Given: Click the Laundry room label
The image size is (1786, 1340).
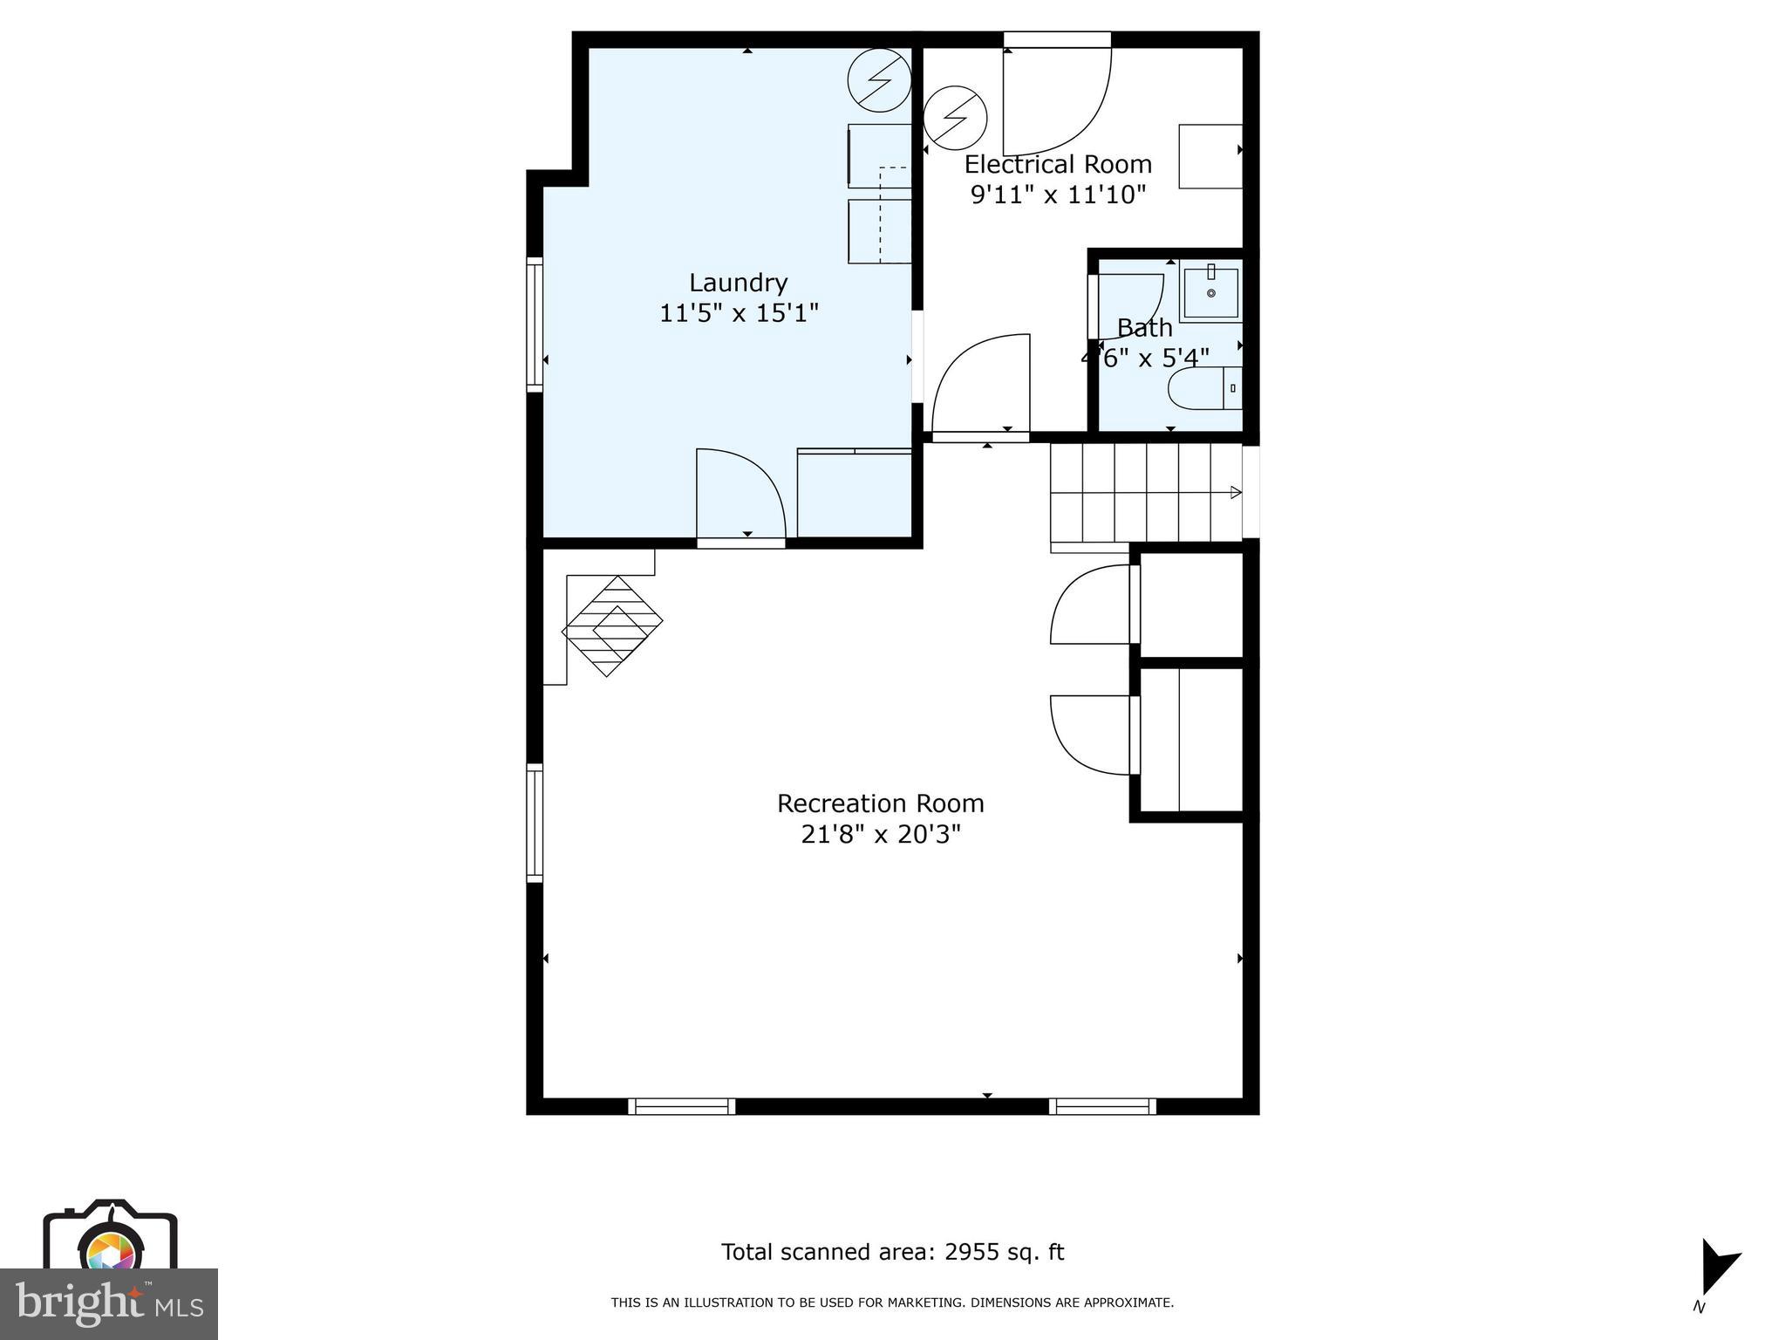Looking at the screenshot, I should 738,283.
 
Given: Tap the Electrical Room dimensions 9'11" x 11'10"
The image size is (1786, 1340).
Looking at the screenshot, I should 1057,195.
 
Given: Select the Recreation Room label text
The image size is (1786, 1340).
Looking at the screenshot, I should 880,803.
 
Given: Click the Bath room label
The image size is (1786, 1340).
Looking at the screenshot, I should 1144,329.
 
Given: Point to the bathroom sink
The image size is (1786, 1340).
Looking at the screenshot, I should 1210,293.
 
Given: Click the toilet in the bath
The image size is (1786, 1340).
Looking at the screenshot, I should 1203,388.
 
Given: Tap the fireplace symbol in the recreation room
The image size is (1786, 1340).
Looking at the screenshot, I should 612,625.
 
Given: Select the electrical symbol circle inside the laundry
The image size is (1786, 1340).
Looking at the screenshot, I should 879,80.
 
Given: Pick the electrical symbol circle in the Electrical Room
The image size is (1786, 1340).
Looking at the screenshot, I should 955,117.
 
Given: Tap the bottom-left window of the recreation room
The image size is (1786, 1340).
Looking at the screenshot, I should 681,1106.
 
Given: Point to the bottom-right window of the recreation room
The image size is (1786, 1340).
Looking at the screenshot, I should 1102,1106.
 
